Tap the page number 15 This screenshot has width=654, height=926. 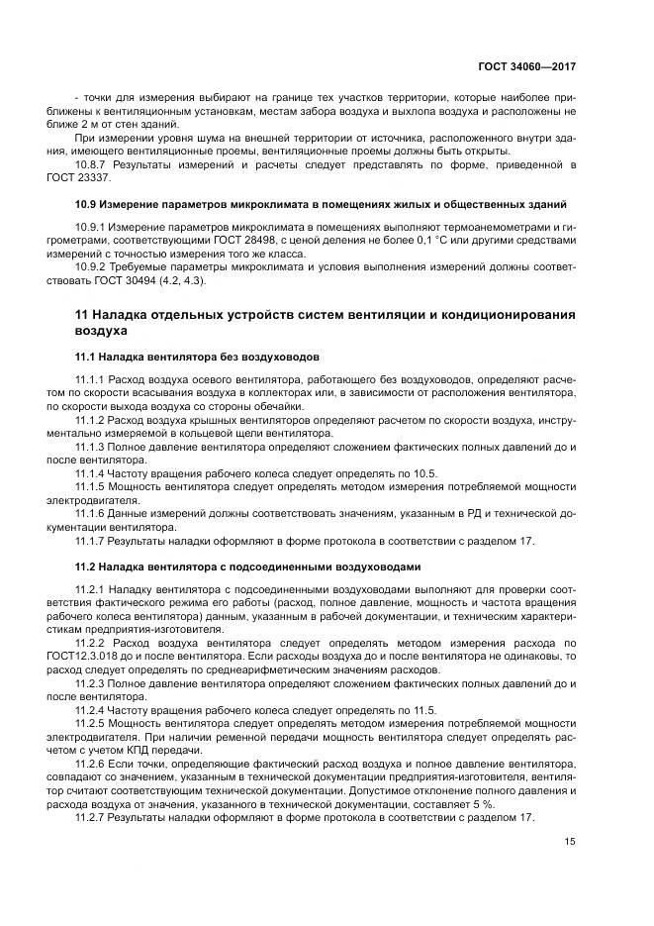click(570, 842)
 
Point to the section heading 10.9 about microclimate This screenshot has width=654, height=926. click(321, 204)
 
